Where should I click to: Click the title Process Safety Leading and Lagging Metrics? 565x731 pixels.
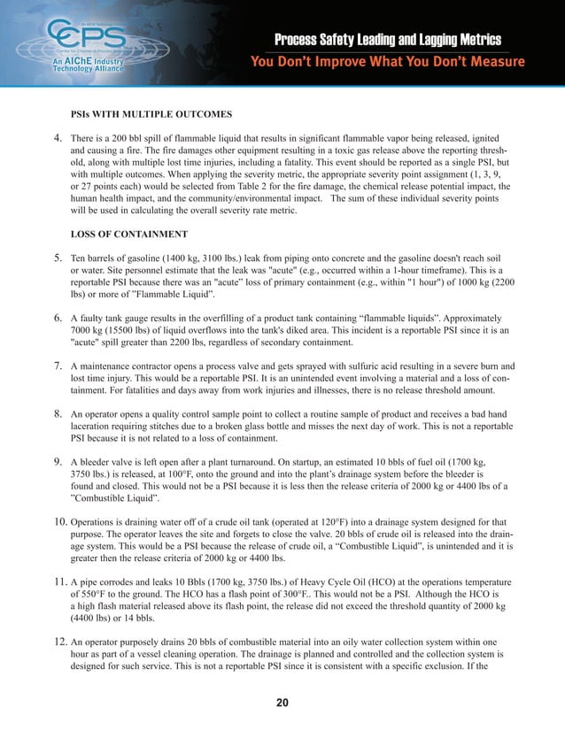coord(388,41)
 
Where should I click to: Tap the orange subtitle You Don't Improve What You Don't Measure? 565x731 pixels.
coord(388,61)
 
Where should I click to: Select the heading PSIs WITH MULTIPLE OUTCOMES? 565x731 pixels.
coord(151,115)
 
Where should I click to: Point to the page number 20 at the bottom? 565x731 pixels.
coord(282,703)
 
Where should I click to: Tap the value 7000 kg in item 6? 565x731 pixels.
coord(88,329)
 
